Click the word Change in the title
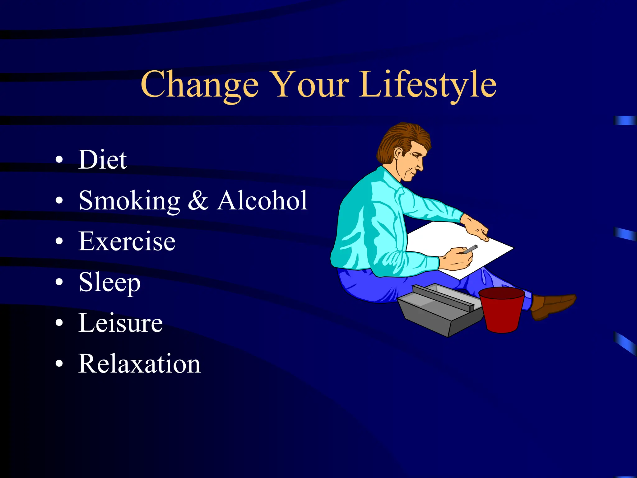point(199,85)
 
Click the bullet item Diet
point(102,160)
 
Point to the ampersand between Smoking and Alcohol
point(198,200)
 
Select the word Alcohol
point(262,200)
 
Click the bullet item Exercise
point(127,241)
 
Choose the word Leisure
point(120,323)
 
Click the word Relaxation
point(139,364)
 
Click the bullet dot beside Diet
point(59,160)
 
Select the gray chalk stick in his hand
point(470,249)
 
